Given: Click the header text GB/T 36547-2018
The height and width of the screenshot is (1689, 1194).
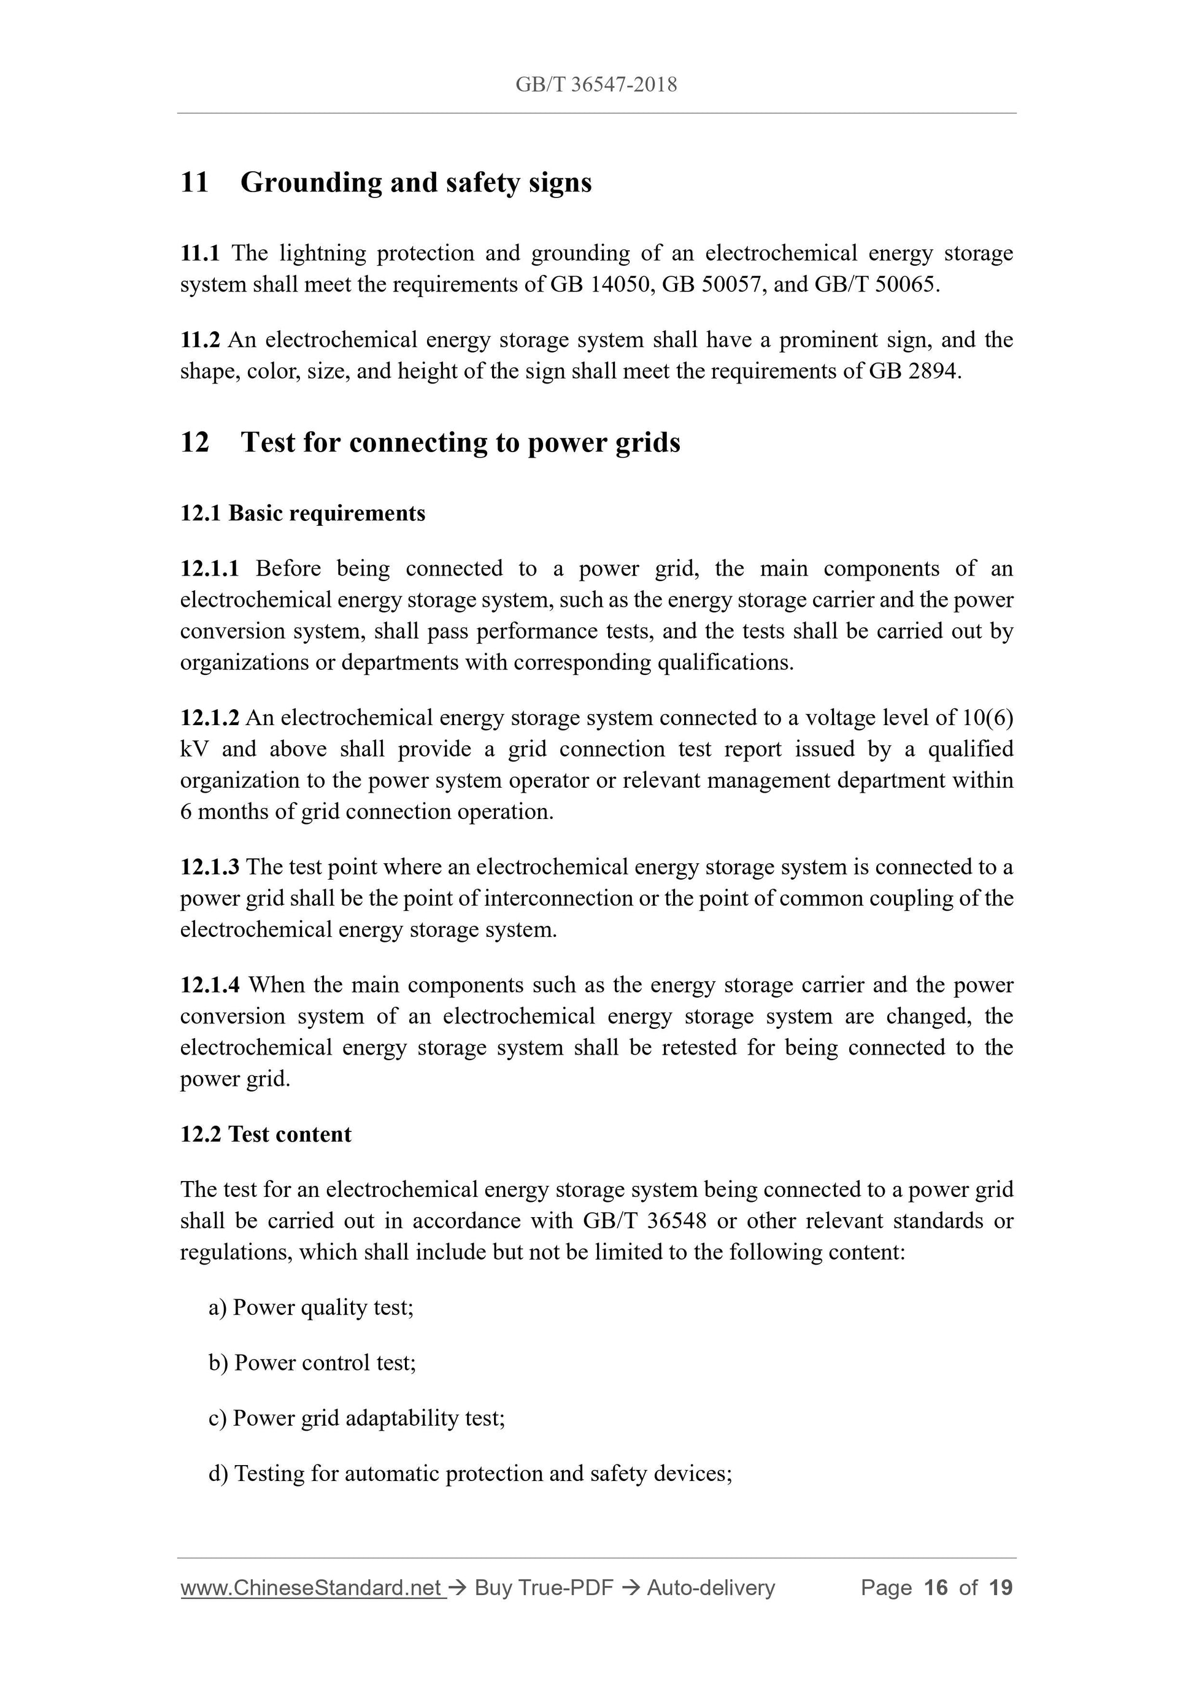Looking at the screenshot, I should click(596, 85).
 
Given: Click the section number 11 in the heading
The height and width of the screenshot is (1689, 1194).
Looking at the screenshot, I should click(195, 182).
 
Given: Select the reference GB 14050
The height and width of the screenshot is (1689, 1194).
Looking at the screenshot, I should click(599, 284).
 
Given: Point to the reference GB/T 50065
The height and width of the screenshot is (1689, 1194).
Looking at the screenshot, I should click(876, 284).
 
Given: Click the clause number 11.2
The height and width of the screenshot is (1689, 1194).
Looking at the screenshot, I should click(200, 340).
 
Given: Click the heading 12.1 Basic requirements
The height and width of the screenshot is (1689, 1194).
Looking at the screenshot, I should click(302, 513).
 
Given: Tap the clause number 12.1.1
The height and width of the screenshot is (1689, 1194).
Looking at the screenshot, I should click(210, 568).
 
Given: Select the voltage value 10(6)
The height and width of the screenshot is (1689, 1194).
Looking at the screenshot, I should click(987, 717).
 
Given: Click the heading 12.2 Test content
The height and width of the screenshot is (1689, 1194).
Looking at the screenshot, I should click(266, 1134).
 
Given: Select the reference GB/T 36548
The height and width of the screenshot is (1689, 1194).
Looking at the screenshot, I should click(644, 1220).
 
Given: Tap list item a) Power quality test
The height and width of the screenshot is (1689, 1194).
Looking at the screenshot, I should click(311, 1307).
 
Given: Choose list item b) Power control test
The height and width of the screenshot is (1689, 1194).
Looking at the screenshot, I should click(313, 1363).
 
